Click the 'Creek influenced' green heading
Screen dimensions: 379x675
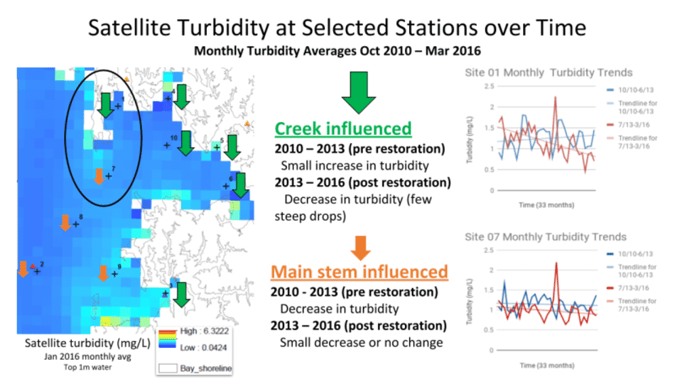342,128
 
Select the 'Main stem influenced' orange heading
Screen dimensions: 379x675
359,271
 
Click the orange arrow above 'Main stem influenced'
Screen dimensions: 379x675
360,246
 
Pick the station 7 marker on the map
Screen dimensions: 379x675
108,175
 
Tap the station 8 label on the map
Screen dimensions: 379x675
81,216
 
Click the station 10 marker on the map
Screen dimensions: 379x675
168,145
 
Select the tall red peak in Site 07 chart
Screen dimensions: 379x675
556,263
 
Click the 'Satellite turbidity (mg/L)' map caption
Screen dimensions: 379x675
79,343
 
